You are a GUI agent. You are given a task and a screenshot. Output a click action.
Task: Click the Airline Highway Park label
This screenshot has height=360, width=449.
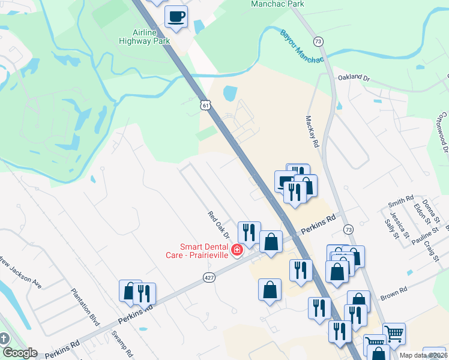[x=152, y=37]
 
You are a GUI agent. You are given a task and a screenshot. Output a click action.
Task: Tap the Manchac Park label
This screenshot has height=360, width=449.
[x=277, y=4]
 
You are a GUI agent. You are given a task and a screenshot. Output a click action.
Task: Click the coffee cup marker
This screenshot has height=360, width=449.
[x=176, y=17]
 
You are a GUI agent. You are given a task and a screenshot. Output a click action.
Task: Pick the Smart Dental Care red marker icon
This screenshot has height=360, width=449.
[x=237, y=249]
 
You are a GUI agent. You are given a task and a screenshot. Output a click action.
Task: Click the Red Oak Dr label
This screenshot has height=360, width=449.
[x=219, y=224]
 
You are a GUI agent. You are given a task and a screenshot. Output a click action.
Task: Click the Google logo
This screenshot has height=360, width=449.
[x=20, y=353]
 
